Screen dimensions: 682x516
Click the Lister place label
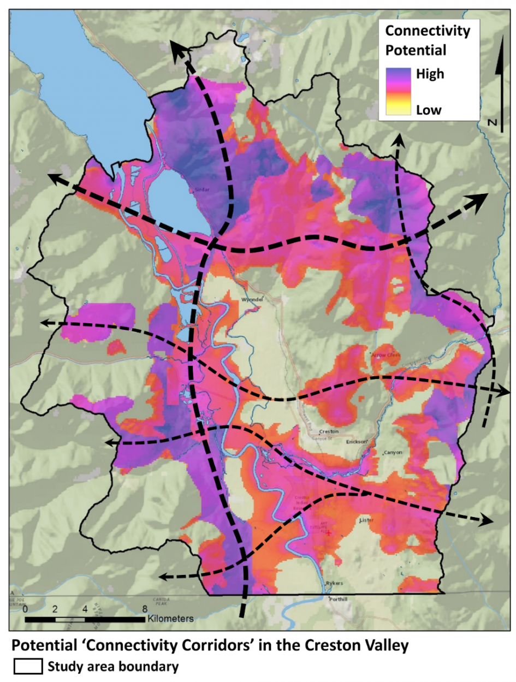pos(366,521)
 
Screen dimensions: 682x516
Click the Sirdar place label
pos(202,191)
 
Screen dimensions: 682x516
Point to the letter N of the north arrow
pos(493,124)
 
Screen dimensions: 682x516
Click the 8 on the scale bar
pos(145,609)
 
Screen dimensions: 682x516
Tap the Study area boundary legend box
pos(27,666)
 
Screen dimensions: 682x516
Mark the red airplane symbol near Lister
pos(328,532)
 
